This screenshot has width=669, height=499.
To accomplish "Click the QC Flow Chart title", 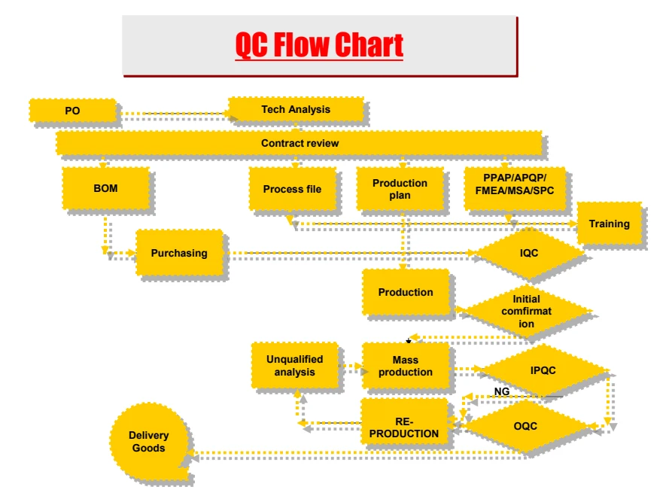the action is point(319,44).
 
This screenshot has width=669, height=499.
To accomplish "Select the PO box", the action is point(72,111).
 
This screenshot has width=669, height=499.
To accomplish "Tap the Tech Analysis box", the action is point(296,109).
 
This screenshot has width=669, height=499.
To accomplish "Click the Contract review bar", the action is point(299,143).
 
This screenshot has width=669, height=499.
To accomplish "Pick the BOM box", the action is point(106,188).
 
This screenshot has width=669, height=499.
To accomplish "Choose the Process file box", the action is point(292,189).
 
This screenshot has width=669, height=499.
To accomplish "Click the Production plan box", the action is point(400,189).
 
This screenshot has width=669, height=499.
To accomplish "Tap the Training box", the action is point(610,224).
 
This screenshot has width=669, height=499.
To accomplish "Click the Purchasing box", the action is point(179,253).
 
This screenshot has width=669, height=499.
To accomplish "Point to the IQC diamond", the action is point(529,253).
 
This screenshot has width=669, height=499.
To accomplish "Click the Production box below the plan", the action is point(406,292).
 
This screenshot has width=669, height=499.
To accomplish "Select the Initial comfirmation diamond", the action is point(527,311).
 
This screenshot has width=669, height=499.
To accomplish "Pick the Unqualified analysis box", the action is point(295,365).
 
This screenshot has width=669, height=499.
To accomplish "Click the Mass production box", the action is point(406,366).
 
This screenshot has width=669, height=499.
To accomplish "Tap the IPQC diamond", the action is point(543,370).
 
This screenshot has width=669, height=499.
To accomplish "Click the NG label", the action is point(502,391).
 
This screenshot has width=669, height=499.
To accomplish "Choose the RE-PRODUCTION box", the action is point(404,427).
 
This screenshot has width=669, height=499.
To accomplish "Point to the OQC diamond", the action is point(525,426).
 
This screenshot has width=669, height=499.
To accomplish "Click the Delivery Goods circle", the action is point(148,441).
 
